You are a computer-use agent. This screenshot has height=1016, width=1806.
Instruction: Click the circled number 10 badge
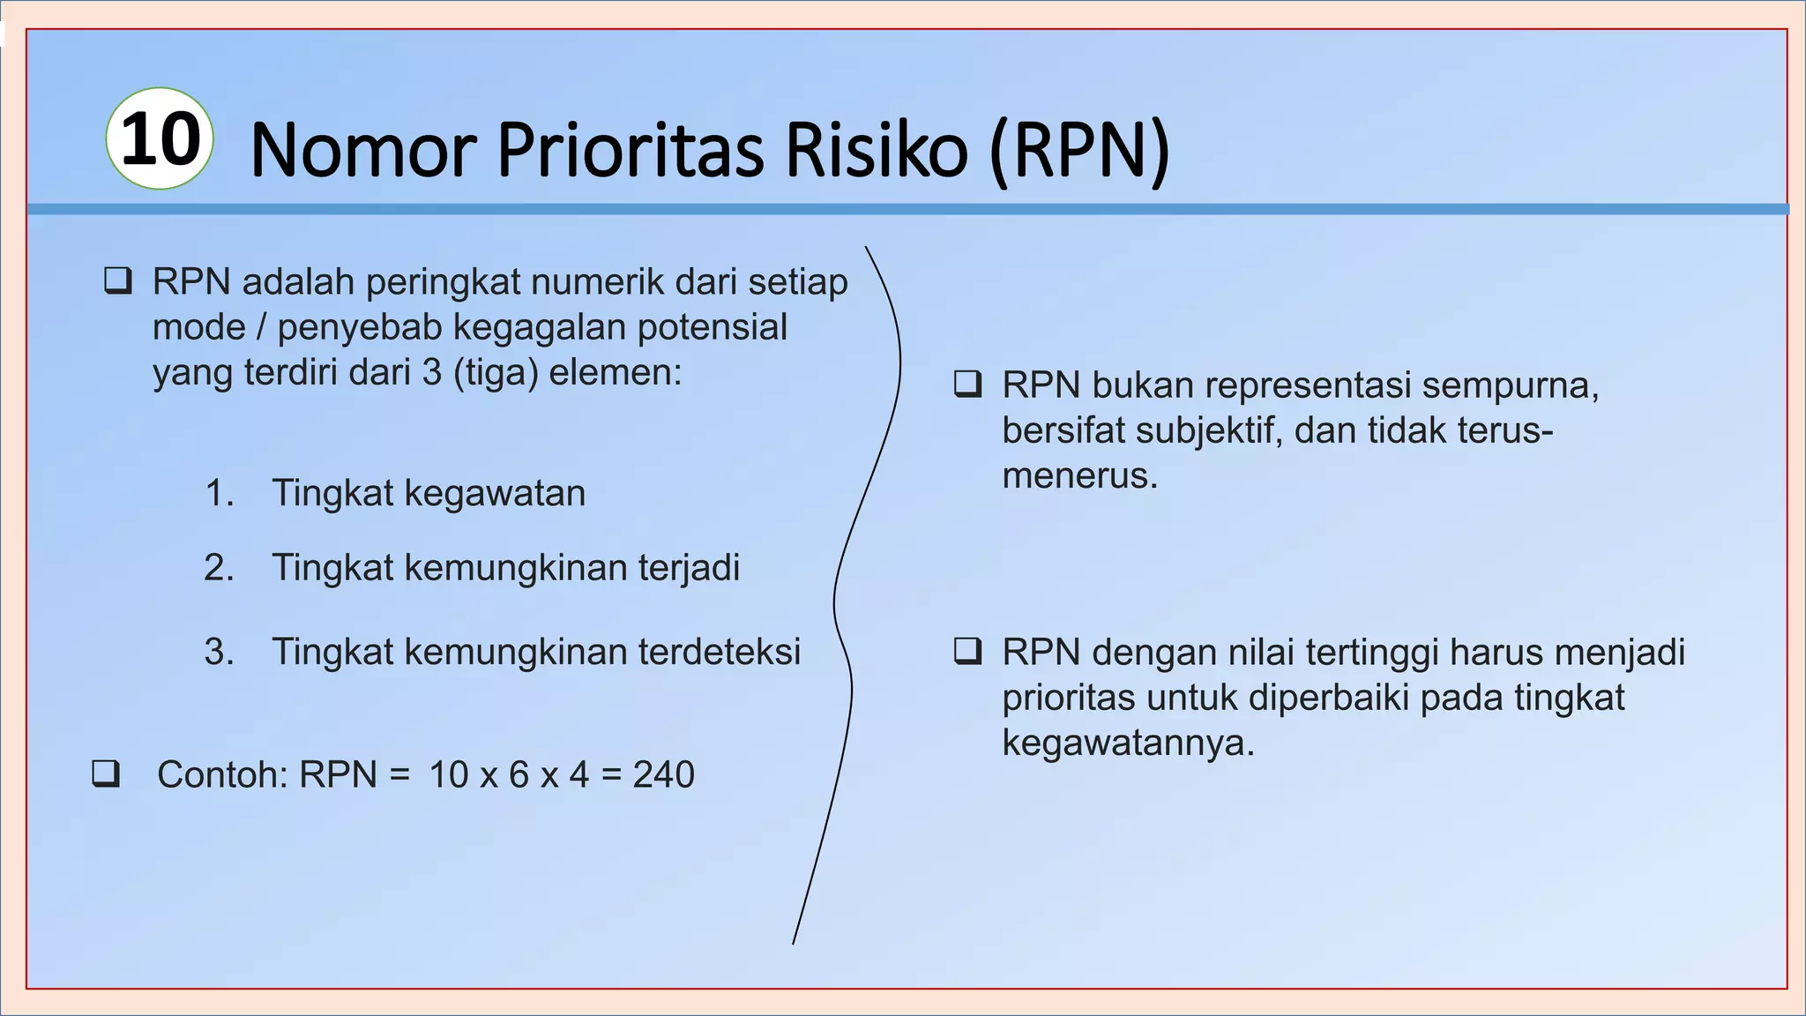click(x=160, y=138)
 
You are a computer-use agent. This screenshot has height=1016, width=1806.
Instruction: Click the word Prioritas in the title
click(x=630, y=150)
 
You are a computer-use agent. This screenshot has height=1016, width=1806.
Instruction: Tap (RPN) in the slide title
click(x=1080, y=151)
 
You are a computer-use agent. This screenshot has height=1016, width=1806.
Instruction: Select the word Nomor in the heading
click(x=364, y=151)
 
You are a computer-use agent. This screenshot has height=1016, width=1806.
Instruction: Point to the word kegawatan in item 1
click(x=495, y=493)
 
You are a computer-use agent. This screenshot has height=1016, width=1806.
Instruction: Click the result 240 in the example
click(x=664, y=775)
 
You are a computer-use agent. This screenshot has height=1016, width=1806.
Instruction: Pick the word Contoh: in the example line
click(x=223, y=775)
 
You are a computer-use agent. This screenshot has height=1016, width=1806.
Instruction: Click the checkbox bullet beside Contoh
click(x=106, y=773)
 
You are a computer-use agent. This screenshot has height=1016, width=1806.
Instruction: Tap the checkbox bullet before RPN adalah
click(x=118, y=280)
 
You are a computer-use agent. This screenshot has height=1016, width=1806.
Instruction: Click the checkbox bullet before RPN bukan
click(x=968, y=385)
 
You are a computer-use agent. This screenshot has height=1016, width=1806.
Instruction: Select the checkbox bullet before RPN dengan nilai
click(x=968, y=651)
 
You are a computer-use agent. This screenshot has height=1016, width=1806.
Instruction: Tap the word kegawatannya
click(x=1128, y=743)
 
